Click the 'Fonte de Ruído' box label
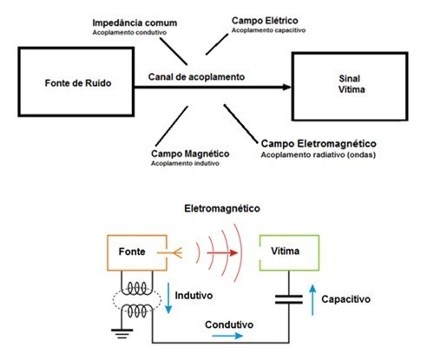pos(78,83)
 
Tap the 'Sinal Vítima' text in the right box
pos(351,84)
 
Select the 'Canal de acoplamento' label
pos(196,77)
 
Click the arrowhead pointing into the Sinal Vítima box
pos(286,87)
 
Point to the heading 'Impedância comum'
pos(135,23)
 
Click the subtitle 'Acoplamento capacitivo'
pos(268,30)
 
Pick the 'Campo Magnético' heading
pos(190,154)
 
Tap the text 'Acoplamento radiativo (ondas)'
pos(319,155)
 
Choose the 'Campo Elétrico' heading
pos(265,21)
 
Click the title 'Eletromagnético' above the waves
pos(222,208)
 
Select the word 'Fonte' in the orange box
pos(132,252)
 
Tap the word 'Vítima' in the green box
pos(286,251)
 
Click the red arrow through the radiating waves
pos(222,253)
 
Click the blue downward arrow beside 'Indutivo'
pos(168,298)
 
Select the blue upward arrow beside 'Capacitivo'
pos(312,300)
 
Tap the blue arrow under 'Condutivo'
pos(227,336)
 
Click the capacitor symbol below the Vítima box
pos(289,299)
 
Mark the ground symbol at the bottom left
pos(122,334)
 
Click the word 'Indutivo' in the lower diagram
pos(194,296)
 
